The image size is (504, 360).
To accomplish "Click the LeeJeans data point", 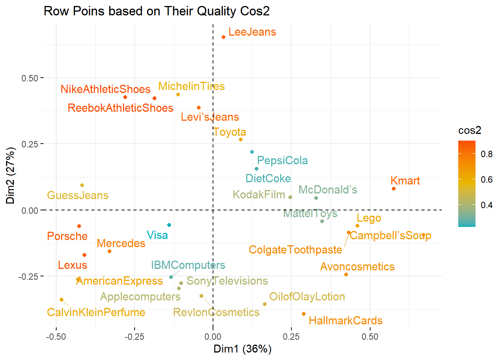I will click(223, 37).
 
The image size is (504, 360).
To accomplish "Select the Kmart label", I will click(405, 181).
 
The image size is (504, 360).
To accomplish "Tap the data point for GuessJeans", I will click(82, 185).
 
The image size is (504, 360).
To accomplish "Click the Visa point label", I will click(157, 235).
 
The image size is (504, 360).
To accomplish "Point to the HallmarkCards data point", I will click(304, 314).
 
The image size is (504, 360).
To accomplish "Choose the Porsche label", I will click(67, 236).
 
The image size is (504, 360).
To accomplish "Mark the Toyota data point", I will click(241, 139).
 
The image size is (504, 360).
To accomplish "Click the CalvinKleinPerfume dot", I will click(61, 300).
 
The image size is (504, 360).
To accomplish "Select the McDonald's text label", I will click(328, 190).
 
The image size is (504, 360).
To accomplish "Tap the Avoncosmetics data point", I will click(346, 274).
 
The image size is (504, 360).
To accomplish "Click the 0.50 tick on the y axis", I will click(30, 78).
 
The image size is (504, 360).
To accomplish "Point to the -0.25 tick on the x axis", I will click(134, 337).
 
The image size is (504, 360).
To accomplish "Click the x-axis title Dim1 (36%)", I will click(242, 349).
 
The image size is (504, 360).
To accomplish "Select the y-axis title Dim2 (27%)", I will click(10, 175).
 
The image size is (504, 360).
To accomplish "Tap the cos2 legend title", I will click(469, 130).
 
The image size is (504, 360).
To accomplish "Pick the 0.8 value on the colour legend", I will click(487, 154).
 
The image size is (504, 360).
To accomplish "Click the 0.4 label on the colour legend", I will click(487, 205).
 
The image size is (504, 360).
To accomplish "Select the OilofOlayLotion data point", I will click(265, 304).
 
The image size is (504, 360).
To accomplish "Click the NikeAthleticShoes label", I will click(105, 89).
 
